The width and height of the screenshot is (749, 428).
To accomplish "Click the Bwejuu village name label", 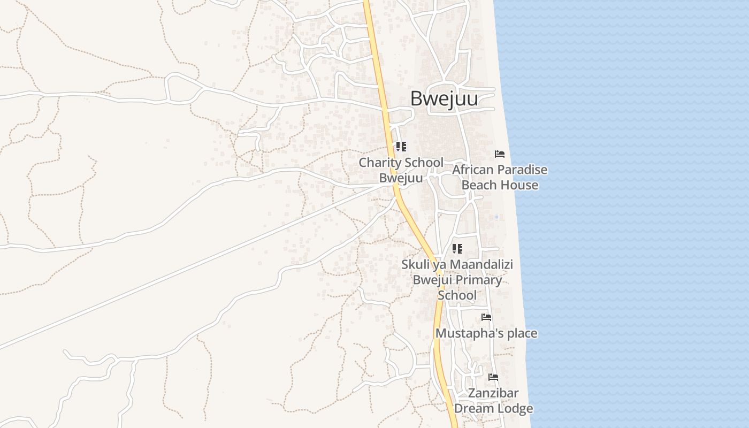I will pos(444,99).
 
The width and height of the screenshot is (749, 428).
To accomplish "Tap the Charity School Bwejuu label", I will pos(401,170).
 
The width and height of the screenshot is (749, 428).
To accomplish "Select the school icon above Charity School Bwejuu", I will pos(401,146).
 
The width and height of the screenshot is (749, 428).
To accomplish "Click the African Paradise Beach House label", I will pos(500,177).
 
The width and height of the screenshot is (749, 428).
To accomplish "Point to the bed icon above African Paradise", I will pos(500,154).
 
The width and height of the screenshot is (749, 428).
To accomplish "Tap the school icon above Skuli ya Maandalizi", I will pos(457,248).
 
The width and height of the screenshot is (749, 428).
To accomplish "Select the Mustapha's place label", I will pos(486,333).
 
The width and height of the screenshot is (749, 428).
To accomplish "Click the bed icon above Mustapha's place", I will pos(486,317).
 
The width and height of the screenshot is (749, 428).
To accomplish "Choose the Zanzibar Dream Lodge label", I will pos(493,401).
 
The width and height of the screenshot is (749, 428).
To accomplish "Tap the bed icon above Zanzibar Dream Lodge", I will pos(493,377).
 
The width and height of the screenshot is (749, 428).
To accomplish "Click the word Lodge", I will pos(514,409).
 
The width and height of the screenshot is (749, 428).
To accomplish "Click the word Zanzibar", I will pos(493,393).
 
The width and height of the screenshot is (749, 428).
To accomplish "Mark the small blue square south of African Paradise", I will pos(496,217).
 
